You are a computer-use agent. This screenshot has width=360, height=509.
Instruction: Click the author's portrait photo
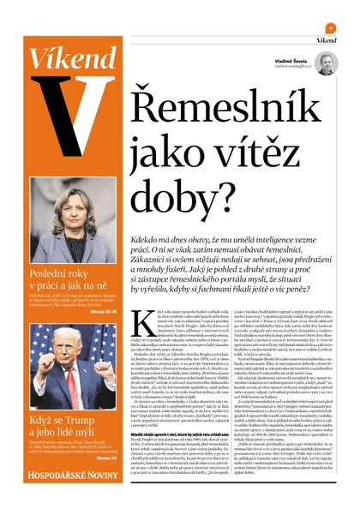click(x=327, y=63)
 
